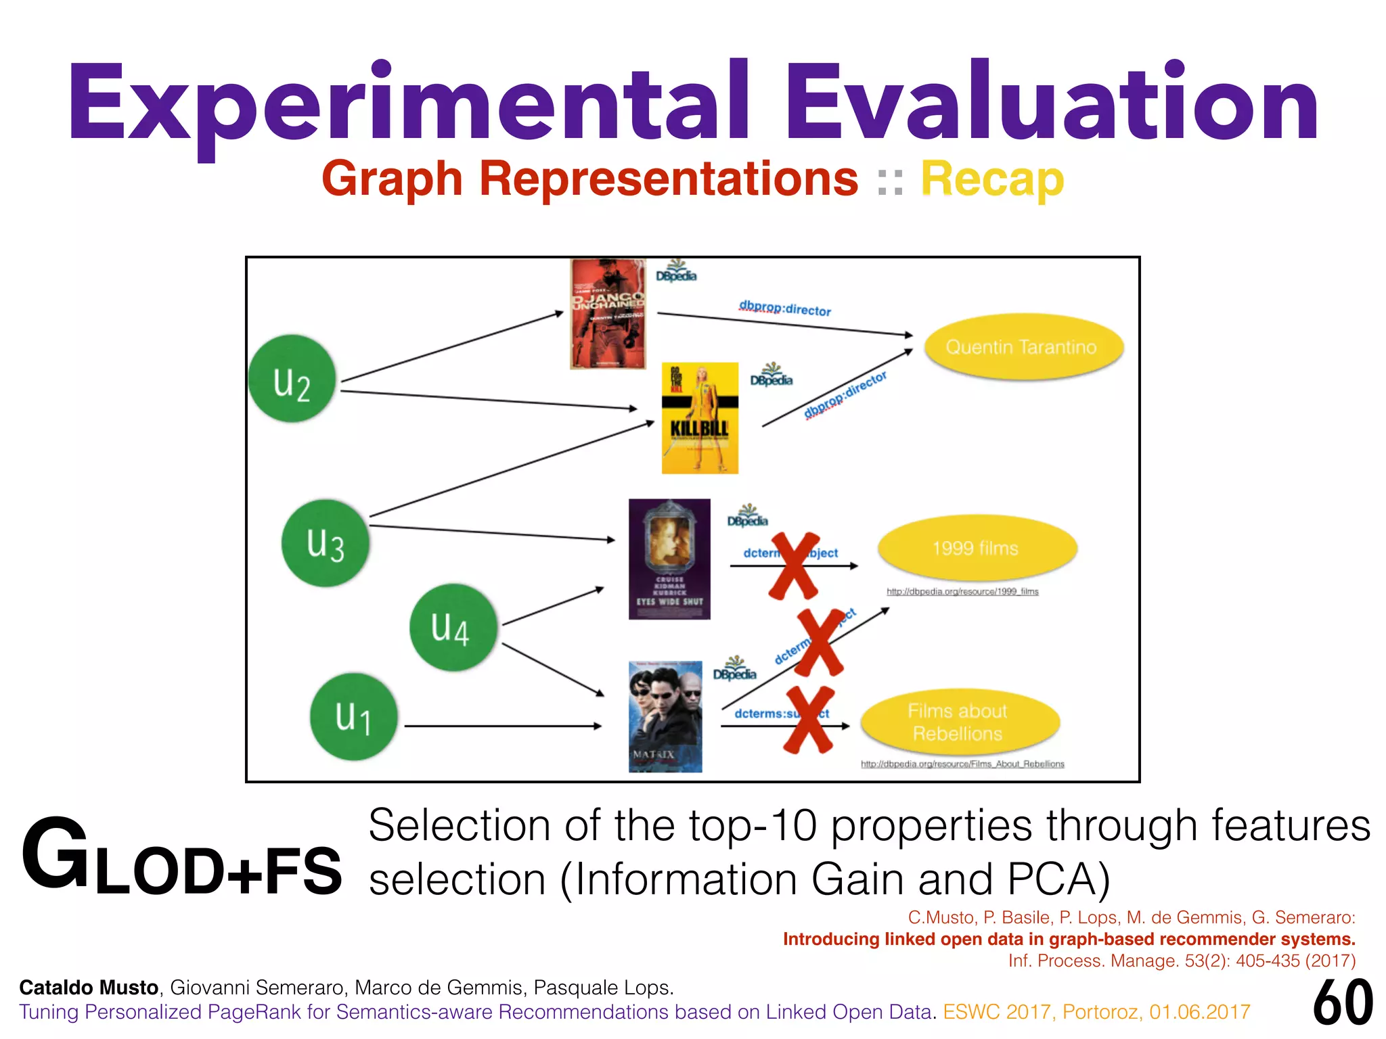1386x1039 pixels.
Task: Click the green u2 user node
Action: tap(292, 379)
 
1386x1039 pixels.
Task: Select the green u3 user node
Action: tap(326, 543)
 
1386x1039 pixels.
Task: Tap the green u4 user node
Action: tap(452, 628)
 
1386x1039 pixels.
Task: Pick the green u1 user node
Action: tap(353, 717)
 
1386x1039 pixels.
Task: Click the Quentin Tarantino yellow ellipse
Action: tap(1022, 347)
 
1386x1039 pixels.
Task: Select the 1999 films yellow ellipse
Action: tap(976, 548)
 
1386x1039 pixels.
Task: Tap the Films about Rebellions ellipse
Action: tap(958, 722)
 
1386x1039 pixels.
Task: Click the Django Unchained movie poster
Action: tap(608, 314)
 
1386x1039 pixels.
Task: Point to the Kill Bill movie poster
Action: tap(700, 418)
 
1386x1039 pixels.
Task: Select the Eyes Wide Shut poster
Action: tap(669, 559)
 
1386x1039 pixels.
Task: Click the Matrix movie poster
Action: tap(665, 716)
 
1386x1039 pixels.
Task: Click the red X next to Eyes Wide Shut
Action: tap(793, 566)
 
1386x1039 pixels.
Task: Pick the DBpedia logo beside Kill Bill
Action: tap(771, 375)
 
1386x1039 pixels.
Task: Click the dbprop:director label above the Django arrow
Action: tap(785, 308)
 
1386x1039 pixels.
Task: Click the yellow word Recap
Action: tap(992, 180)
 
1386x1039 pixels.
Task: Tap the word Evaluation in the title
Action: tap(1052, 101)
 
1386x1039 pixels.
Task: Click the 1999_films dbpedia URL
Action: tap(962, 592)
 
